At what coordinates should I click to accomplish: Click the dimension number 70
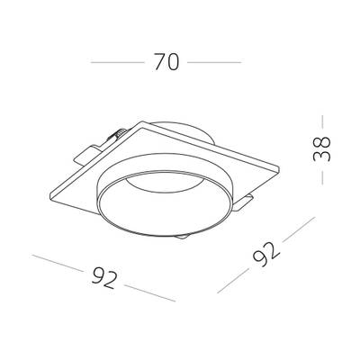(x=166, y=62)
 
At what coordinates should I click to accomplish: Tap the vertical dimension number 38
(x=321, y=149)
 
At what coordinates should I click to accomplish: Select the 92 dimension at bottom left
(x=104, y=277)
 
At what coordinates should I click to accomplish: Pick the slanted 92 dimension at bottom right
(x=266, y=255)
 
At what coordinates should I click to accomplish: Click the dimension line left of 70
(x=118, y=62)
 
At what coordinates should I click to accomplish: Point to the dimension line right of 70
(x=214, y=62)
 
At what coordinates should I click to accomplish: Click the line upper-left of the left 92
(x=58, y=263)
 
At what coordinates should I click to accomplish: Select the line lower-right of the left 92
(x=149, y=293)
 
